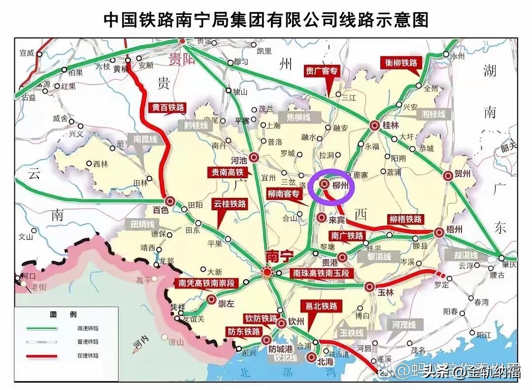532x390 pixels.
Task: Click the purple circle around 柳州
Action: (332, 188)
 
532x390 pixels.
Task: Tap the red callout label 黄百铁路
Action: (166, 107)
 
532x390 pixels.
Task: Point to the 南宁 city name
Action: (279, 256)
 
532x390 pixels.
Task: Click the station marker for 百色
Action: (170, 200)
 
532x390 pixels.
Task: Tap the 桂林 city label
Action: (390, 125)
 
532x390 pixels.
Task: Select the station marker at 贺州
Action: (448, 175)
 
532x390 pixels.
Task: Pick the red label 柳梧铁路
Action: (405, 219)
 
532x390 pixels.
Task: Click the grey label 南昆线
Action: (143, 139)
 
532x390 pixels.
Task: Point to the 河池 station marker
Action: (254, 158)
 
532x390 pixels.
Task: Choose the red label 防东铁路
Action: (243, 331)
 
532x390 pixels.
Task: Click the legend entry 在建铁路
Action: (88, 355)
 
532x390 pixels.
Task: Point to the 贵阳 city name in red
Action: (181, 60)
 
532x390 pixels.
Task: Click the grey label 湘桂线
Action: (434, 114)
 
